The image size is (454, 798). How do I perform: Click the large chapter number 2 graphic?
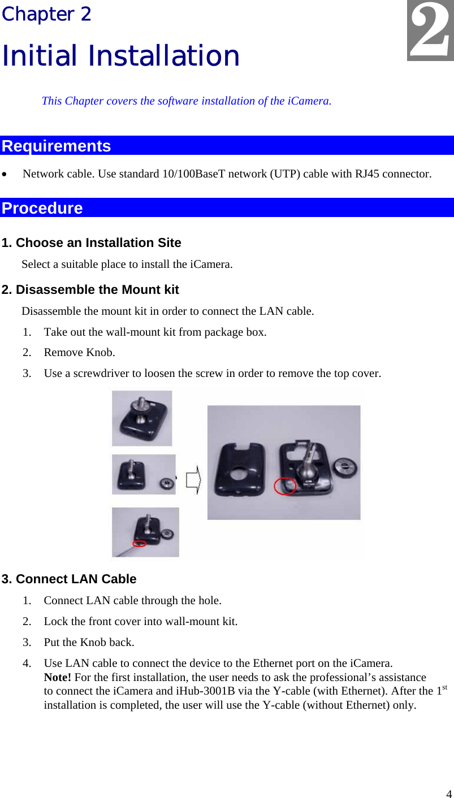coord(431,32)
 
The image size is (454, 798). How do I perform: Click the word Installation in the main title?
coord(165,55)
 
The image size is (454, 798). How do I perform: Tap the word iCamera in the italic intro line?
coord(308,101)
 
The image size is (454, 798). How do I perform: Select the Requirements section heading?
coord(57,146)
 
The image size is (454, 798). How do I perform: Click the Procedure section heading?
coord(42,208)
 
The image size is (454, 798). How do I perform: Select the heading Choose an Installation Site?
coord(92,243)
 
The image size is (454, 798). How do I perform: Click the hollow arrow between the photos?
coord(193,480)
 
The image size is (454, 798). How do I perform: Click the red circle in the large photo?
coord(285,485)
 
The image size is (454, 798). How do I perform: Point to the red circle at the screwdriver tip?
coord(139,544)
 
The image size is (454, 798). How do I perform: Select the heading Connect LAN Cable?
coord(69,579)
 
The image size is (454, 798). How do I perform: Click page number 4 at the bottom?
coord(448,792)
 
